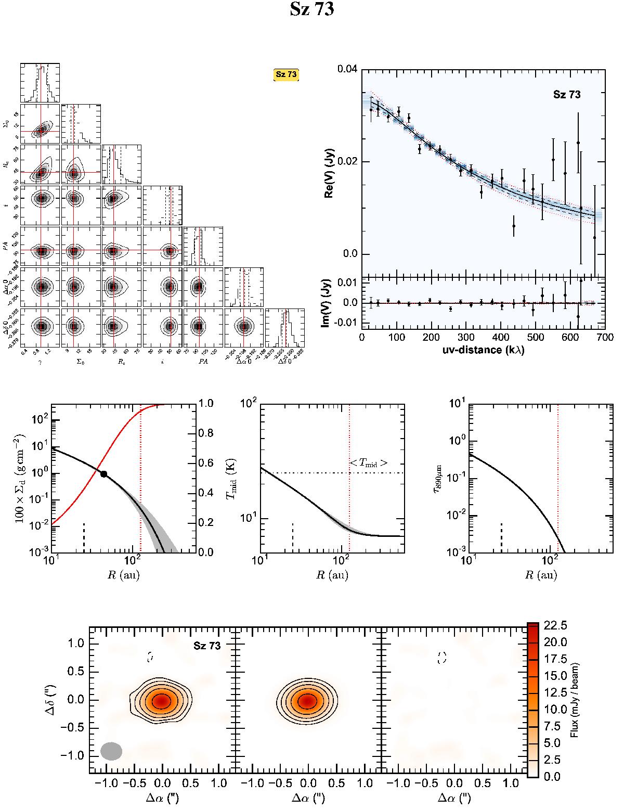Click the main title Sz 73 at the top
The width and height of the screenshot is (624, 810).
point(311,10)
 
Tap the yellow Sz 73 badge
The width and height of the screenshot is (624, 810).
point(286,74)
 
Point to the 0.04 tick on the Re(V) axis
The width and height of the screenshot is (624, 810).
point(347,69)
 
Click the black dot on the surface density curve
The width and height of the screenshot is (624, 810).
point(104,474)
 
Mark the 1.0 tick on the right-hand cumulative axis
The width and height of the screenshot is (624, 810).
point(204,404)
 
